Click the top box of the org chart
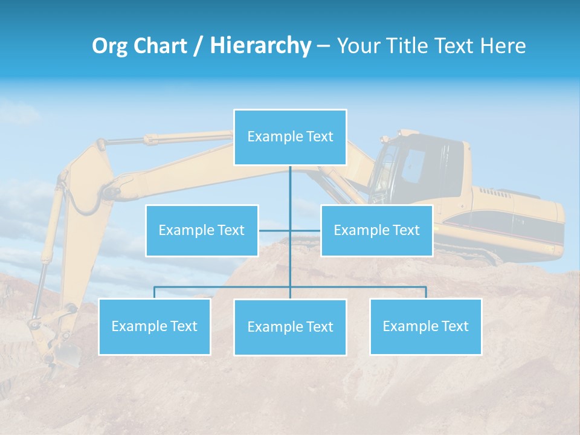point(290,137)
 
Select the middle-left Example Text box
point(202,231)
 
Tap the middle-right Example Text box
point(376,231)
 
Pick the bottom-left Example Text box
point(155,327)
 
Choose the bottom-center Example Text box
point(290,327)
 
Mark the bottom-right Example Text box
point(425,327)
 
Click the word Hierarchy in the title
point(260,45)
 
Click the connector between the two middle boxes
point(289,230)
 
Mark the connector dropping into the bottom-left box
point(155,292)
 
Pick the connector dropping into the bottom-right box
point(426,292)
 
